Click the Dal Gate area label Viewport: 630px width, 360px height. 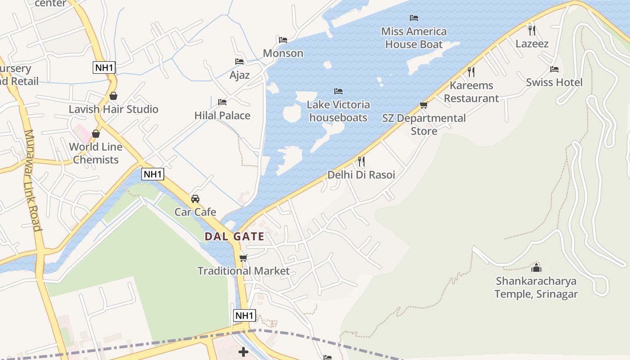tap(234, 236)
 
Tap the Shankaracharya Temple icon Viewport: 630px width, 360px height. tap(536, 268)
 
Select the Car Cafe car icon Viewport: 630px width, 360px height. tap(195, 199)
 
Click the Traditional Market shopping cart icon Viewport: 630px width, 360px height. tap(243, 258)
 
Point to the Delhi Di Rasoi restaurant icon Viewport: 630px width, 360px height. tap(361, 161)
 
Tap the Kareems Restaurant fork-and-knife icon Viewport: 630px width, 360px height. tap(471, 72)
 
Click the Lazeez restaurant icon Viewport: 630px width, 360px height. tap(532, 30)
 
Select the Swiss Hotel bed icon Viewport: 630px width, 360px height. tap(554, 69)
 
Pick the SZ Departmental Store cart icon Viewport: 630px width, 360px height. tap(423, 105)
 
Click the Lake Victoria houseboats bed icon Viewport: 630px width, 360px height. tap(338, 91)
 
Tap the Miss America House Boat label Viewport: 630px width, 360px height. tap(414, 38)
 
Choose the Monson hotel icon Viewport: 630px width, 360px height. tap(283, 40)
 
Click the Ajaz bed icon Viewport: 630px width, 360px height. tap(239, 62)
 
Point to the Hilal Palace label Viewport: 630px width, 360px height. tap(222, 115)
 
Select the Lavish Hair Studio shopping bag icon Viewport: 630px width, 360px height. tap(113, 96)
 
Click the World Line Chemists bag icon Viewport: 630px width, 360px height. tap(95, 134)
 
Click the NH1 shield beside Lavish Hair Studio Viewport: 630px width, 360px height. tap(104, 68)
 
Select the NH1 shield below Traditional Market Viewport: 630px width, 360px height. tap(245, 315)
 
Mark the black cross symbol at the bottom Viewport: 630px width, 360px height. tap(243, 351)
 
